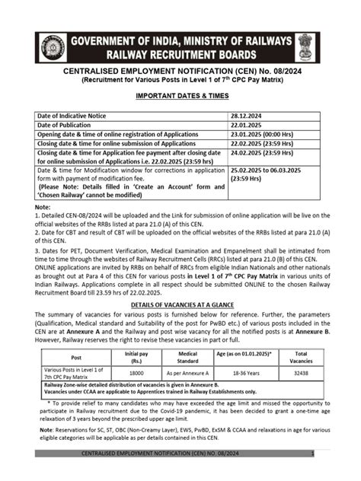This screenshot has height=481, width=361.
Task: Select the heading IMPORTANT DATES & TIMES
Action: tap(180, 97)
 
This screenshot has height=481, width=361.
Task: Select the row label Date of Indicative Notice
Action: tap(73, 115)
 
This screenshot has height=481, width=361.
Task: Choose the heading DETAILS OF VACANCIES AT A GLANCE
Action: tap(180, 303)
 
